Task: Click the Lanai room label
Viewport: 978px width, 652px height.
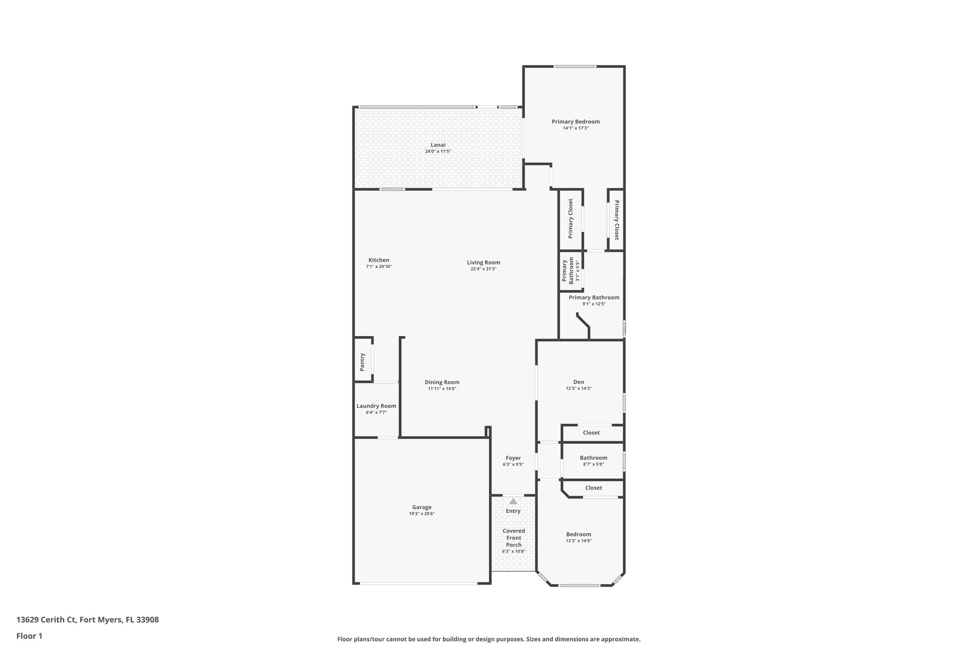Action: pos(438,145)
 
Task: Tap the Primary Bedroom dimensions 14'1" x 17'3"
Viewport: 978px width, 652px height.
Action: pos(575,128)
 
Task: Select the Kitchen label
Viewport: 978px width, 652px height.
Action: pos(379,260)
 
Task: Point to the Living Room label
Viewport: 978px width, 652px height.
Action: pos(483,262)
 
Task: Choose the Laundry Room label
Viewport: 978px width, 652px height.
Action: pos(376,406)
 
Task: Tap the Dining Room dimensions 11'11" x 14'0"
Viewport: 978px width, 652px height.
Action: pos(442,389)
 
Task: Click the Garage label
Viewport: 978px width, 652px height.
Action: pos(422,507)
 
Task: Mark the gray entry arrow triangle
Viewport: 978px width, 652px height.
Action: pos(513,502)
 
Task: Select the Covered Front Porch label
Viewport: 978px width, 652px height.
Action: pos(513,538)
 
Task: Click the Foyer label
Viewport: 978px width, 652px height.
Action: pos(513,458)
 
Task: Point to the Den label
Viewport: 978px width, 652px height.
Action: pos(578,382)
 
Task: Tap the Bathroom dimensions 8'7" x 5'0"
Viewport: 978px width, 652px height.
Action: pos(593,464)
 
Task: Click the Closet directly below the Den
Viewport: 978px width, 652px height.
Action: pos(591,433)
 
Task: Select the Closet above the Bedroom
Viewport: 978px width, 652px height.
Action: pos(593,488)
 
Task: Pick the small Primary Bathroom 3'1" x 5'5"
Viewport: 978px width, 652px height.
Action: pos(571,271)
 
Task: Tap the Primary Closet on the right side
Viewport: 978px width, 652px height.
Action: pos(617,220)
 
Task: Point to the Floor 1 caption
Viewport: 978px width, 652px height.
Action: pos(29,636)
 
